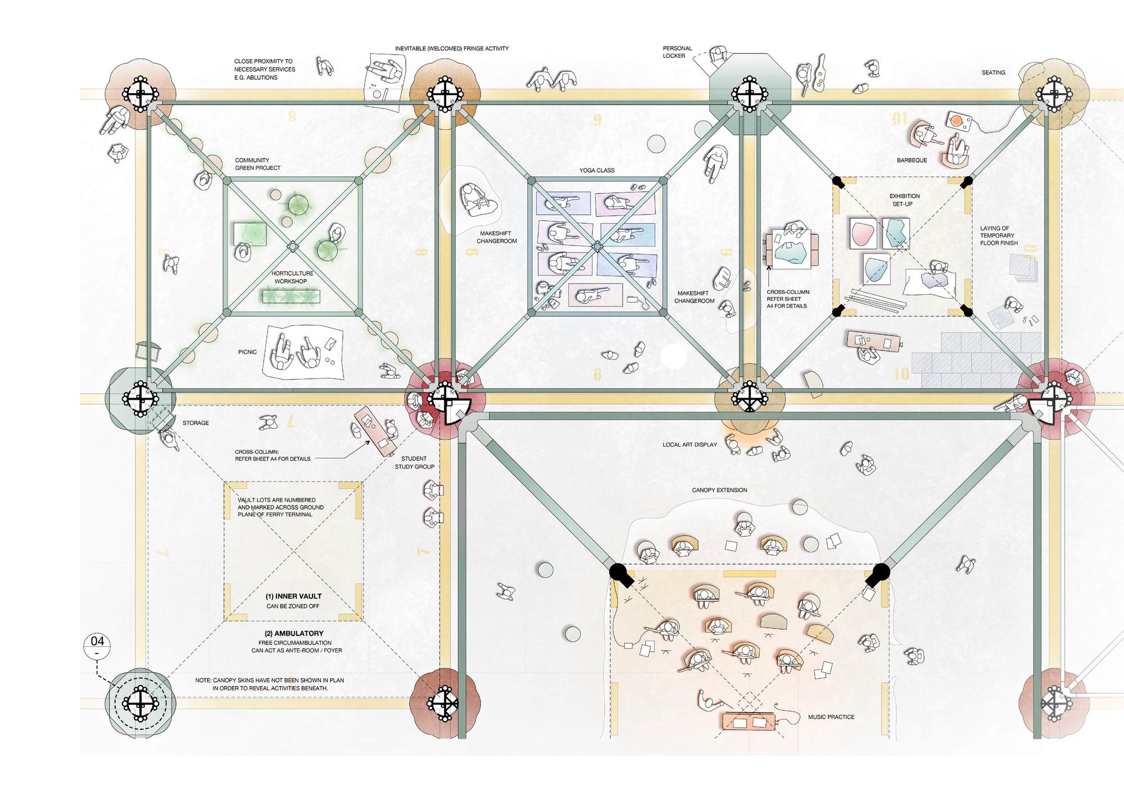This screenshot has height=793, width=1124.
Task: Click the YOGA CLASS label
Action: [x=597, y=170]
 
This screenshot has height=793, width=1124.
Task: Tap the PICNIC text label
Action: [x=247, y=352]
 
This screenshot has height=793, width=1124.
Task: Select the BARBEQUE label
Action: [x=912, y=160]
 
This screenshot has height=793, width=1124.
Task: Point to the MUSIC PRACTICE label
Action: [x=831, y=717]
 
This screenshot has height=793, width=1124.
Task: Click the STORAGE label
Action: [x=196, y=423]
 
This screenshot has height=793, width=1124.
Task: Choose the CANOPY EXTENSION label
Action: [x=719, y=490]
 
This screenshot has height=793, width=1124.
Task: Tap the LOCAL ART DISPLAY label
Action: [x=690, y=445]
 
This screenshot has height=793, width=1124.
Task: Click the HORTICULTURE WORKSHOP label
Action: [x=292, y=277]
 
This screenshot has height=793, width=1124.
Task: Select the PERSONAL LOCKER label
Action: [x=677, y=52]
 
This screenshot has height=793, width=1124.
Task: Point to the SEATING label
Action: [x=993, y=73]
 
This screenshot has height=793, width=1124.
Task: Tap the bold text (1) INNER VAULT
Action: [x=293, y=596]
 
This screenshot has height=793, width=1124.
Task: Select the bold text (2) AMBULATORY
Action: [x=294, y=633]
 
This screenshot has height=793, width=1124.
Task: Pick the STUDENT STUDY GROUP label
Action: [x=414, y=463]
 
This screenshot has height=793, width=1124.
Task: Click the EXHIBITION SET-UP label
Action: [x=904, y=200]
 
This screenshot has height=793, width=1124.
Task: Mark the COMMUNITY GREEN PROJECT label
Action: [x=257, y=164]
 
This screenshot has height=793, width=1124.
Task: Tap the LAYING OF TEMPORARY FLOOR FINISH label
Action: [x=999, y=236]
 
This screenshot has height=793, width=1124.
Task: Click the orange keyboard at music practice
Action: [x=749, y=722]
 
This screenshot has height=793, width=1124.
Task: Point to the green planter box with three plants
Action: [x=291, y=296]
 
